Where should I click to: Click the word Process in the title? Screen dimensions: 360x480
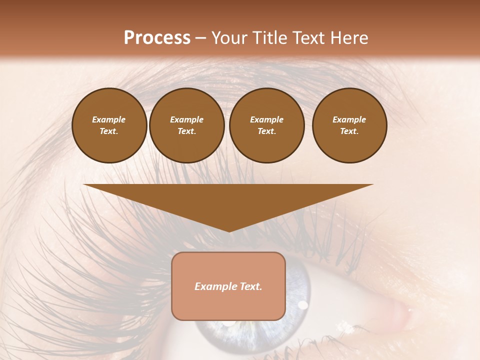click(x=157, y=38)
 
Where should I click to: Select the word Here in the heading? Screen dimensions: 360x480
click(x=348, y=38)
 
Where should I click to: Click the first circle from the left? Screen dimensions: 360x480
click(x=109, y=125)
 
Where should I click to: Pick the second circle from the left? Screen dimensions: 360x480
click(x=187, y=125)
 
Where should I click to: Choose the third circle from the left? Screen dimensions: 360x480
click(x=267, y=125)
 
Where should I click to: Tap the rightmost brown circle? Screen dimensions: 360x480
click(x=349, y=125)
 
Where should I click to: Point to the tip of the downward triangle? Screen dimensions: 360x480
click(x=229, y=231)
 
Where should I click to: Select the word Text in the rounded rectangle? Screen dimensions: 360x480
click(x=250, y=286)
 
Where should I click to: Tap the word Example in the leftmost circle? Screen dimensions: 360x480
click(x=109, y=120)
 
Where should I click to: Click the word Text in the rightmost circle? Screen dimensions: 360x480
click(x=349, y=131)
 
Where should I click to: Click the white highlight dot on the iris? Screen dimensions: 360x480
click(x=302, y=304)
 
